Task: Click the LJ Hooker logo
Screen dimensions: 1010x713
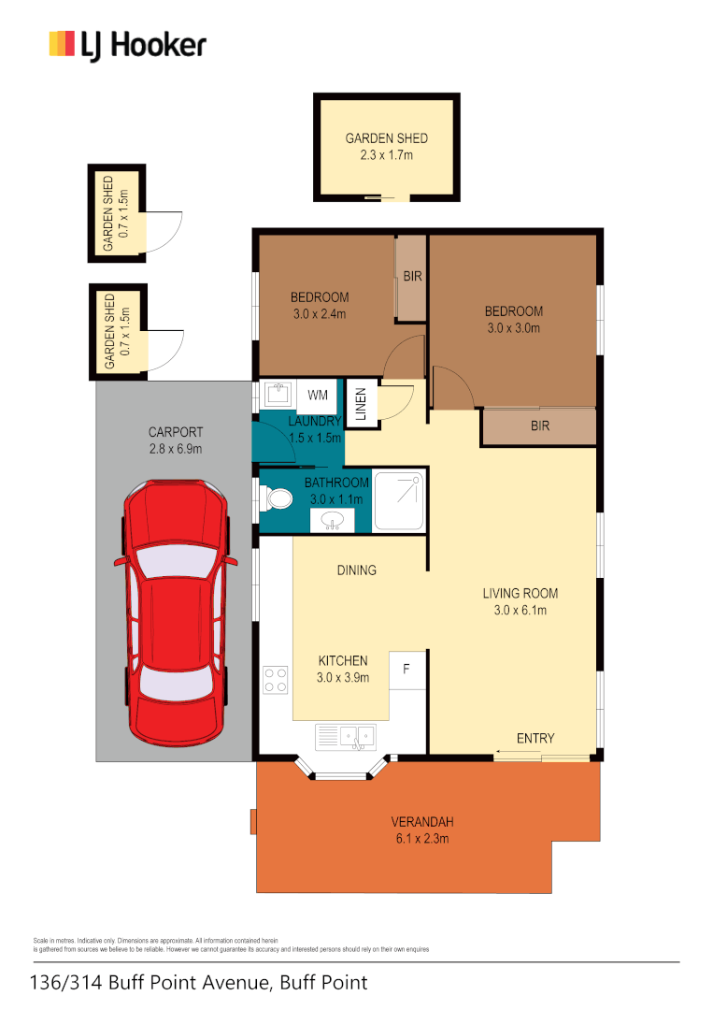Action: click(x=127, y=45)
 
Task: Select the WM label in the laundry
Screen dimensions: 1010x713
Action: click(x=317, y=396)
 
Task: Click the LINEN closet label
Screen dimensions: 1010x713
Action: click(x=360, y=403)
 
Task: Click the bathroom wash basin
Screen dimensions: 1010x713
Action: click(x=333, y=521)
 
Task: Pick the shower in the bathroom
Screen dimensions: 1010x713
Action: click(x=399, y=501)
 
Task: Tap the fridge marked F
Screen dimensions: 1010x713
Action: click(x=407, y=670)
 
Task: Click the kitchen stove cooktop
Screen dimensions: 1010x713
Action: click(x=275, y=679)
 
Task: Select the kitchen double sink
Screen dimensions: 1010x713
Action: click(x=345, y=737)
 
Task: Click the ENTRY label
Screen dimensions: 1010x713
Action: click(x=535, y=739)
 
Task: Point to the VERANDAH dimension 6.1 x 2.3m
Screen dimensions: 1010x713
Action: click(x=422, y=839)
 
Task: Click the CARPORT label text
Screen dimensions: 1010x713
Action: click(x=176, y=432)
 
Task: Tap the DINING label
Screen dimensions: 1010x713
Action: click(x=357, y=570)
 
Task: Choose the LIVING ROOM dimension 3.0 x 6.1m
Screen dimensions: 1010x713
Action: click(x=520, y=611)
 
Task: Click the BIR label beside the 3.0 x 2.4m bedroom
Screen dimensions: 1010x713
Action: click(x=412, y=277)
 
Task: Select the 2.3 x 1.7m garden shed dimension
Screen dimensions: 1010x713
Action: click(x=386, y=155)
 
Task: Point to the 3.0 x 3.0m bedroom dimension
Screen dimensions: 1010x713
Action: click(x=513, y=328)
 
